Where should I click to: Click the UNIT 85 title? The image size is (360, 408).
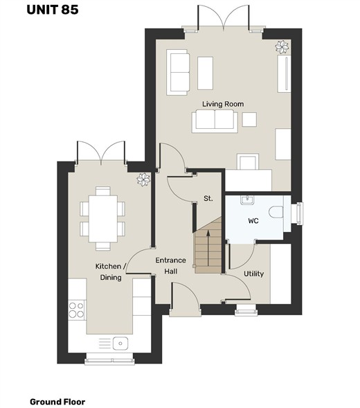click(x=53, y=10)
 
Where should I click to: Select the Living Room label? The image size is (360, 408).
click(x=223, y=104)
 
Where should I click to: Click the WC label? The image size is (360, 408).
click(x=253, y=221)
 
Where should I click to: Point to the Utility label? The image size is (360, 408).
click(x=253, y=274)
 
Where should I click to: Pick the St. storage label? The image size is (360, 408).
click(x=208, y=199)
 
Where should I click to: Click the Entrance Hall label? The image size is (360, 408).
click(x=170, y=266)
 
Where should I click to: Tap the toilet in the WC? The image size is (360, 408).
click(x=276, y=212)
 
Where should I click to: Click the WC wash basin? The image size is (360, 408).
click(x=247, y=200)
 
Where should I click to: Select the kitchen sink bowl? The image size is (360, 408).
click(x=120, y=344)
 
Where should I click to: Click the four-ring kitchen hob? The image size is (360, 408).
click(x=76, y=310)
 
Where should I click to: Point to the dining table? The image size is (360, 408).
click(x=103, y=219)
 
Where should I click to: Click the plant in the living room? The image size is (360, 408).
click(x=282, y=47)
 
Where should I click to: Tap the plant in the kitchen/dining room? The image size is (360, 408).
click(x=143, y=179)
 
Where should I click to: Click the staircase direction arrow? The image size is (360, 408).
click(x=208, y=248)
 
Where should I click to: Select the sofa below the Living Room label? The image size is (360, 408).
click(x=215, y=121)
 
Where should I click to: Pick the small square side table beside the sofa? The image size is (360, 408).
click(x=249, y=119)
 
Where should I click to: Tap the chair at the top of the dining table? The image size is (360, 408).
click(x=103, y=190)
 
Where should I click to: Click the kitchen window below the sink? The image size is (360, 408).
click(x=110, y=360)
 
